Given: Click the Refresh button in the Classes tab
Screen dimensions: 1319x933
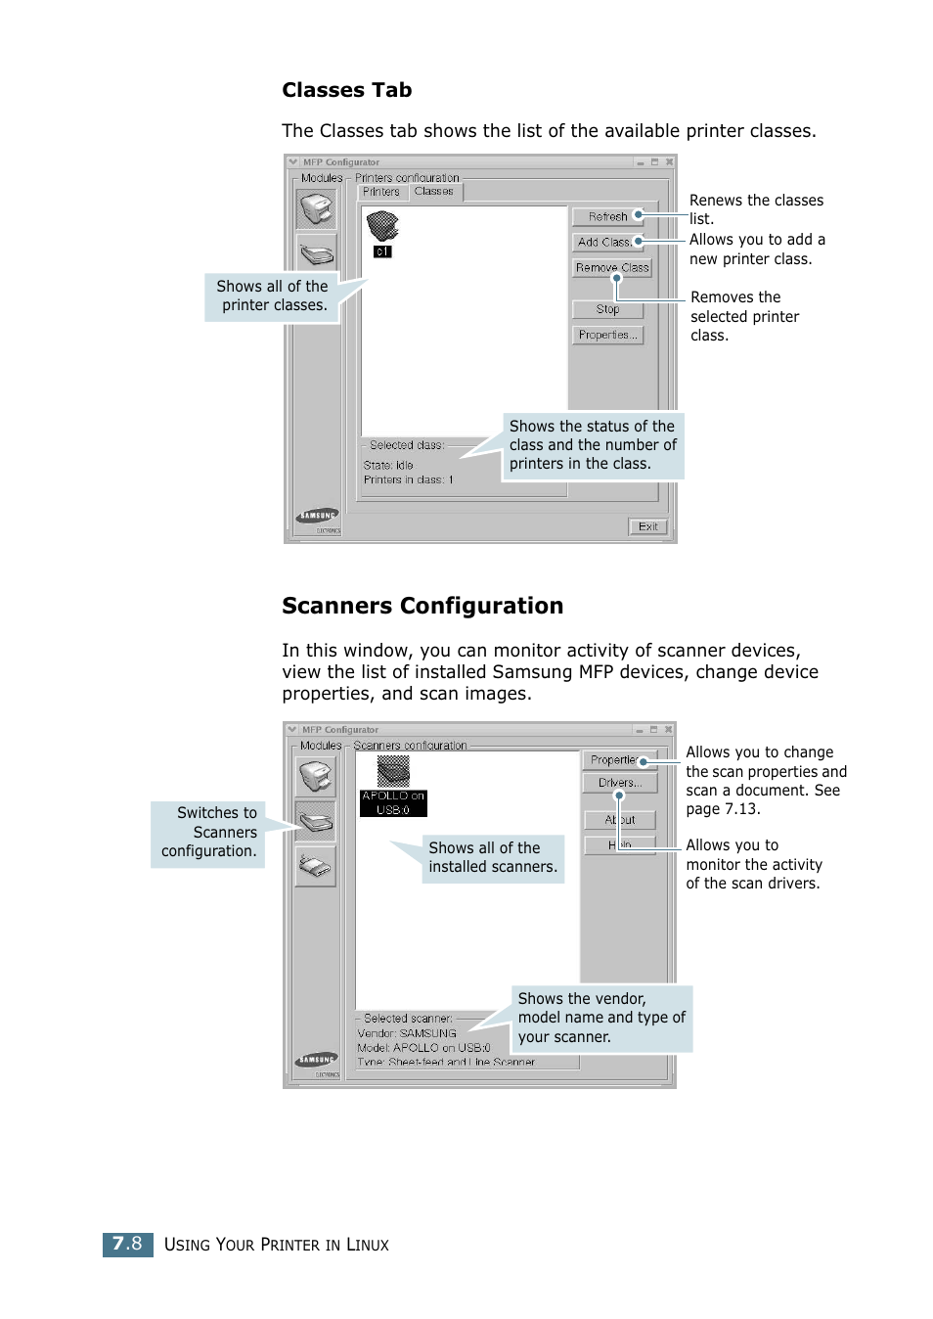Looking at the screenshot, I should pos(607,216).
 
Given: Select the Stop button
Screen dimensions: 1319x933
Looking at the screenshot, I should pos(607,309).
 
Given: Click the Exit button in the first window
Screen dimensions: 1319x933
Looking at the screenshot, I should pos(647,526).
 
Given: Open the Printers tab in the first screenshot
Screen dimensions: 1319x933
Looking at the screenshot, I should pos(381,192).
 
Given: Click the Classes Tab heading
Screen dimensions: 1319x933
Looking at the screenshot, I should pos(346,90).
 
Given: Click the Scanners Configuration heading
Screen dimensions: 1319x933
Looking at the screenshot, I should pos(422,606).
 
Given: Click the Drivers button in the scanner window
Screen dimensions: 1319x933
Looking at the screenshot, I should pos(619,783).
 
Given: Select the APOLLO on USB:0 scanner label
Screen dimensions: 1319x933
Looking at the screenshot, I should pos(393,803).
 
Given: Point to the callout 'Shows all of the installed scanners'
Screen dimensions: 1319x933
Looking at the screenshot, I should pos(493,858).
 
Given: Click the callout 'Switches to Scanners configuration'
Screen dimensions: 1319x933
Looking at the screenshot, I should pos(208,833).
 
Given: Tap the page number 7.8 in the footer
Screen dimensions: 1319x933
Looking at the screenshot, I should pos(127,1244).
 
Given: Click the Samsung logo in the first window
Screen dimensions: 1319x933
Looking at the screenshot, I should pos(318,516).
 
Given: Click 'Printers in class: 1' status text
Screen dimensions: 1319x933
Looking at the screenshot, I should pos(408,479).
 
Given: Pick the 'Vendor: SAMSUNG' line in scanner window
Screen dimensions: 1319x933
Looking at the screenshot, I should pos(407,1033).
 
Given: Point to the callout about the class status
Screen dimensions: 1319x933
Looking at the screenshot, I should pos(592,445).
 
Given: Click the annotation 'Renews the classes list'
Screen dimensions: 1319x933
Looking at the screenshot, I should pos(755,208).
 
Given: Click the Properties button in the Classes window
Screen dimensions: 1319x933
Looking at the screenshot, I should pos(607,335).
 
